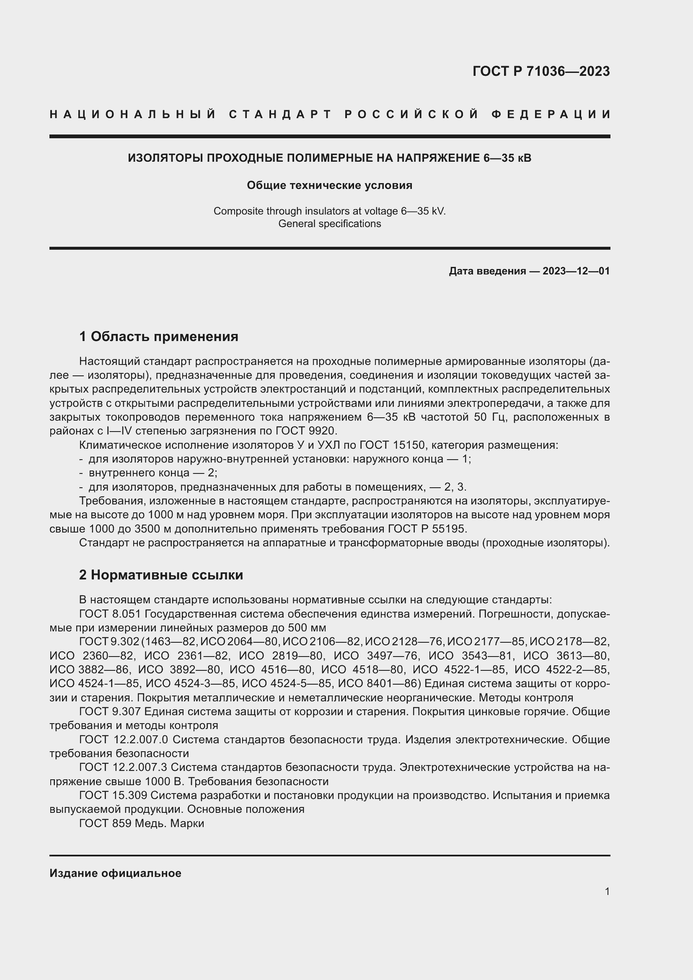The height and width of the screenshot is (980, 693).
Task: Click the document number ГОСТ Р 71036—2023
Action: click(541, 71)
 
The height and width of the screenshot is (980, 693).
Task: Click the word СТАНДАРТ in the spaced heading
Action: click(280, 114)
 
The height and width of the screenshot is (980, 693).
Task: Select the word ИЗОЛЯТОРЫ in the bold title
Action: click(165, 158)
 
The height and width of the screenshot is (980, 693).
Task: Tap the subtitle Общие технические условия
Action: click(329, 185)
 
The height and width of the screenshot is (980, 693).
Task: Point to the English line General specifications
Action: click(329, 224)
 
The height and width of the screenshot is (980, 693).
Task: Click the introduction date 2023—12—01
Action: click(576, 271)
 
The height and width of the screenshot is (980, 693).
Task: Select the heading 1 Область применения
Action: click(159, 336)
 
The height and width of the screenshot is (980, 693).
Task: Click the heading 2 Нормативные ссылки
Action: click(161, 575)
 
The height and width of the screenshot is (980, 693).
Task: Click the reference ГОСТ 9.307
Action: click(110, 711)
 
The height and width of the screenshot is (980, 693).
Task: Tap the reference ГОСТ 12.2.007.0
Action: click(124, 739)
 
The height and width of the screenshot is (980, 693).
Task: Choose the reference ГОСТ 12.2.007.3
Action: click(123, 767)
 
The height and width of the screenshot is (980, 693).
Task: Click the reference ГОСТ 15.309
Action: click(113, 795)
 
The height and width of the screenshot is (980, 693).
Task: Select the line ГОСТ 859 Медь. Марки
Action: click(142, 823)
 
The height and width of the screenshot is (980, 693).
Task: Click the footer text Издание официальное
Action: click(115, 873)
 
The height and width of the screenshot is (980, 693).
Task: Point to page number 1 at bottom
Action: click(607, 891)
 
